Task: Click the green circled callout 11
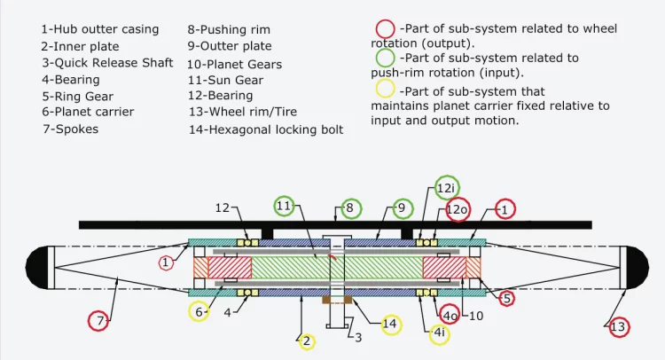point(283,206)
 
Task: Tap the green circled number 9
point(402,208)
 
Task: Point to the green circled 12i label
point(447,187)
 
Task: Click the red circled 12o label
point(458,210)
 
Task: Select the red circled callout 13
point(619,327)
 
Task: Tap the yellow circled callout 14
point(388,325)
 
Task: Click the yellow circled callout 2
point(307,340)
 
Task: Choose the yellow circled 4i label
point(438,333)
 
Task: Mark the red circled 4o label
point(450,315)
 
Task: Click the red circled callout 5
point(506,298)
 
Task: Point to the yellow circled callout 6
point(200,311)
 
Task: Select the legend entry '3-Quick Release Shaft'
point(107,63)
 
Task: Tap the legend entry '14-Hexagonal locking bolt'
point(266,129)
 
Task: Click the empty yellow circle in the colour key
point(386,90)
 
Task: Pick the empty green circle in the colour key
point(386,59)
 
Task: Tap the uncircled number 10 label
point(475,315)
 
